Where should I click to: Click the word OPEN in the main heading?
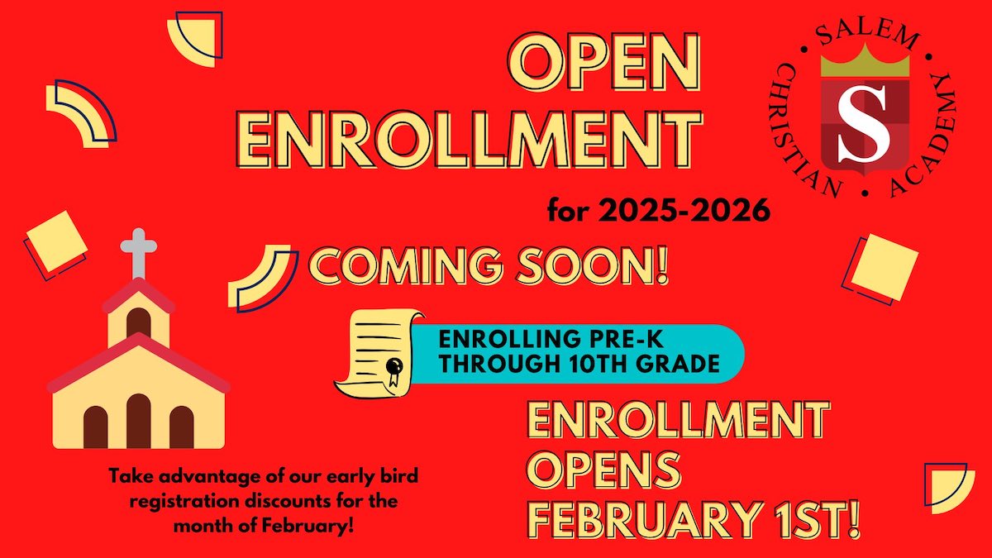(x=605, y=63)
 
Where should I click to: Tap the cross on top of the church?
(x=139, y=253)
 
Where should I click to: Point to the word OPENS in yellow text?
(x=606, y=469)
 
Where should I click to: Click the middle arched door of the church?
(x=139, y=421)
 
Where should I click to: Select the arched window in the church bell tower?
(x=139, y=323)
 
